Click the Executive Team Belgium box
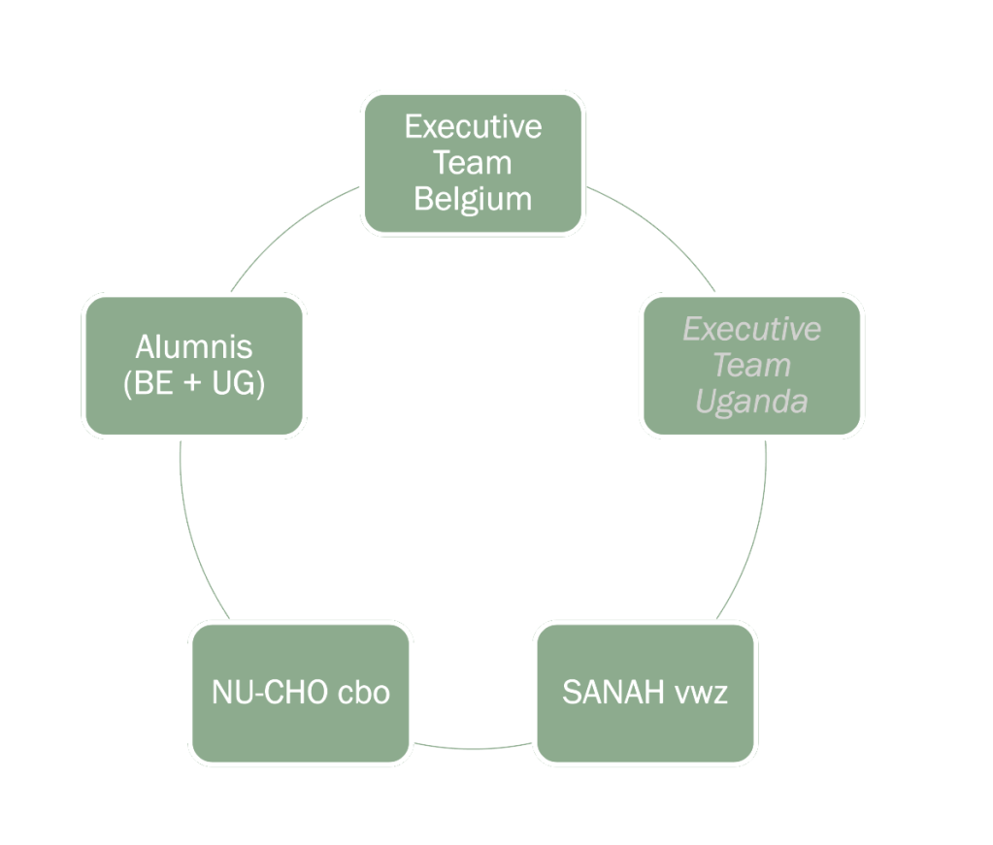point(473,163)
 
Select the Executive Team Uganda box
point(752,365)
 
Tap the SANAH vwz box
point(645,693)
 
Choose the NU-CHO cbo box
point(301,693)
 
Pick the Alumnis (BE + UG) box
point(194,365)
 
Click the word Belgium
point(473,199)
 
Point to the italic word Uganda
point(752,401)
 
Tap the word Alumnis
point(194,346)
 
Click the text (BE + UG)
point(194,383)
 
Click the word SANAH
point(612,693)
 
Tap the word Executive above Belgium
point(473,127)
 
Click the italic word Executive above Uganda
point(752,329)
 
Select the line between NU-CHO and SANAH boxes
point(473,748)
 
